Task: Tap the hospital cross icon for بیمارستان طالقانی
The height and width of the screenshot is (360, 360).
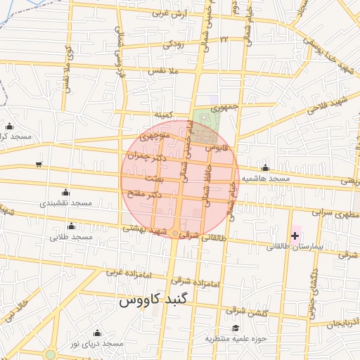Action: pyautogui.click(x=294, y=234)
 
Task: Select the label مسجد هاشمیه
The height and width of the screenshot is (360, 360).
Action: pyautogui.click(x=266, y=179)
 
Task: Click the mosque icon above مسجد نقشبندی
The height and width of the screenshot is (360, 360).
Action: pyautogui.click(x=66, y=192)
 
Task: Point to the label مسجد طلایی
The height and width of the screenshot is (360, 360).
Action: pyautogui.click(x=71, y=237)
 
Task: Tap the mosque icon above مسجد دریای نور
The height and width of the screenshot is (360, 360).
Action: pyautogui.click(x=96, y=333)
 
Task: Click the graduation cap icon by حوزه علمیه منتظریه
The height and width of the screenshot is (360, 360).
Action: pyautogui.click(x=236, y=328)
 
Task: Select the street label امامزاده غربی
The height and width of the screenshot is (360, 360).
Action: pyautogui.click(x=124, y=271)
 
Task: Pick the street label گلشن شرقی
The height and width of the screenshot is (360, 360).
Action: pyautogui.click(x=245, y=310)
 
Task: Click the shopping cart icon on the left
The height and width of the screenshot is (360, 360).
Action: pyautogui.click(x=38, y=165)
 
